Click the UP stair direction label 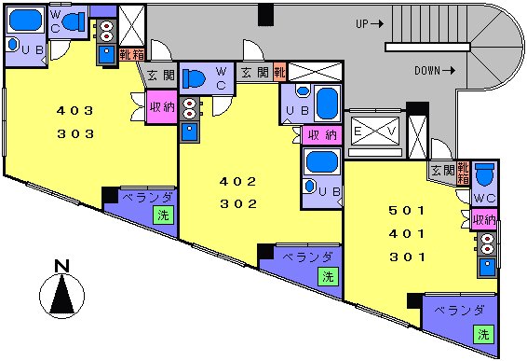pos(370,24)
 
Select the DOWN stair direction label pos(435,71)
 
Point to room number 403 pos(74,110)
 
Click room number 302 pos(238,204)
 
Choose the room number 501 pos(407,211)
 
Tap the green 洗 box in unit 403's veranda pos(163,215)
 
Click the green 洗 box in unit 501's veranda pos(483,334)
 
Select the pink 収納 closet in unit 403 pos(162,106)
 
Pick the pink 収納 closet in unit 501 pos(484,220)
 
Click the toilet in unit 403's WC pos(74,22)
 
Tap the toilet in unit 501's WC pos(485,174)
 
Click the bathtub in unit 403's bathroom pos(25,21)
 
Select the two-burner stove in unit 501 pos(486,243)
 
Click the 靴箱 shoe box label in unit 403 pos(132,55)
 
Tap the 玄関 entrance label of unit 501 pos(443,171)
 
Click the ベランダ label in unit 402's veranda pos(307,257)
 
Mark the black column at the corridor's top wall pos(266,15)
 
